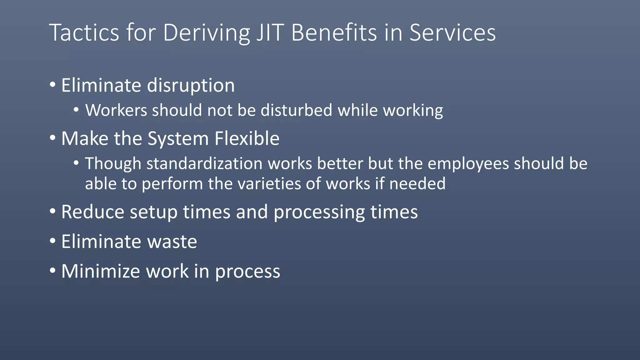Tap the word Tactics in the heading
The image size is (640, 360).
click(84, 32)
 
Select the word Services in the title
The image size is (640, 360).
click(452, 32)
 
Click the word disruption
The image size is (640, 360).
click(191, 85)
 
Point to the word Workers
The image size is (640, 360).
click(116, 110)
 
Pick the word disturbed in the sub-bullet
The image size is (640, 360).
click(296, 110)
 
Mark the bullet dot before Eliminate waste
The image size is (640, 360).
click(52, 241)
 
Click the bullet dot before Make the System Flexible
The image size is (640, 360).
click(52, 138)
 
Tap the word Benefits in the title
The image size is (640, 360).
click(334, 32)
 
